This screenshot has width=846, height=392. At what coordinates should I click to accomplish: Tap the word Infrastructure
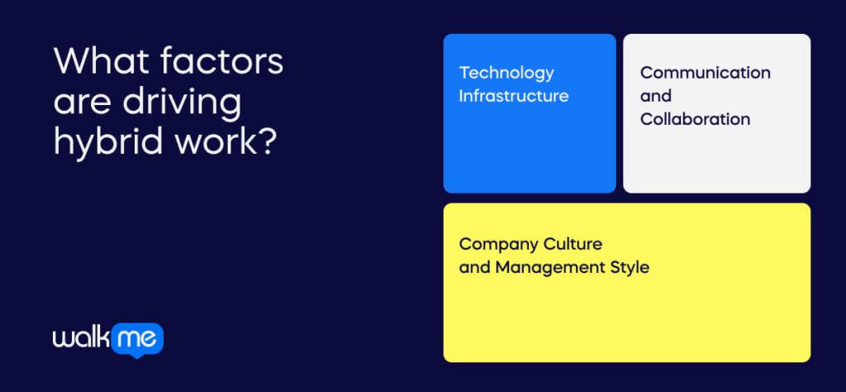coord(514,96)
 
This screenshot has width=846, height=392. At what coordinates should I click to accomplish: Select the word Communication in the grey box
coord(705,73)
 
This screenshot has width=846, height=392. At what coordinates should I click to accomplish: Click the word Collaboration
coord(695,119)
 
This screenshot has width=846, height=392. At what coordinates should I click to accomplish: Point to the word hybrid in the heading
coord(105,142)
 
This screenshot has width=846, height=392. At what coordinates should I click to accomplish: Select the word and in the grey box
coord(655,96)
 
